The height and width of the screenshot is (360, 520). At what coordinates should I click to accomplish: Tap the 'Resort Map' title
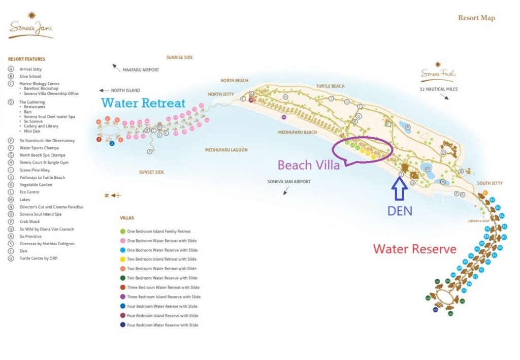click(x=476, y=18)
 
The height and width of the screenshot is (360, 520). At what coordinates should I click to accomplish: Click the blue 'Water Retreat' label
click(x=143, y=103)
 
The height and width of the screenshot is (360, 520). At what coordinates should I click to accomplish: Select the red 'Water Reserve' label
click(x=414, y=249)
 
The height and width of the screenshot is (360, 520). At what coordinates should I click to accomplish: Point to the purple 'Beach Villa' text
click(x=309, y=165)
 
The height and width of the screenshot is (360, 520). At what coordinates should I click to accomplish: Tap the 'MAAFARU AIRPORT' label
click(x=141, y=70)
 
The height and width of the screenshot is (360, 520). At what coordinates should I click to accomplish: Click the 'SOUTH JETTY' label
click(x=490, y=183)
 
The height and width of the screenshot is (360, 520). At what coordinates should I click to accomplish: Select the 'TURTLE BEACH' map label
click(x=330, y=86)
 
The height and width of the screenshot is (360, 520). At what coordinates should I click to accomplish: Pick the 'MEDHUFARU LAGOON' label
click(x=226, y=150)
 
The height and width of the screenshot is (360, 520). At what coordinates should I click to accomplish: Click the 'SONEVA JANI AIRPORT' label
click(x=289, y=181)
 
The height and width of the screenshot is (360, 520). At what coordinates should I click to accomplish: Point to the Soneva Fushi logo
click(x=436, y=74)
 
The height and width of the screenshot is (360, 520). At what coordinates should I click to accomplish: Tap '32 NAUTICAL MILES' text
click(x=439, y=89)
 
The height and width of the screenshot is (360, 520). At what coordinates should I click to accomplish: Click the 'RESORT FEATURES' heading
click(x=26, y=59)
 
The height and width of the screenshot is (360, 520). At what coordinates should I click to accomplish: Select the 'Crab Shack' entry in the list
click(x=30, y=221)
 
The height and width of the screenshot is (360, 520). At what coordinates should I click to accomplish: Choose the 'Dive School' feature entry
click(x=30, y=77)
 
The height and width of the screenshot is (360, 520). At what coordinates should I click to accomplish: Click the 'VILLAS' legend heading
click(x=127, y=217)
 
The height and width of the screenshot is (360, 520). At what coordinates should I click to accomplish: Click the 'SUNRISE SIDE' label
click(x=179, y=58)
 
